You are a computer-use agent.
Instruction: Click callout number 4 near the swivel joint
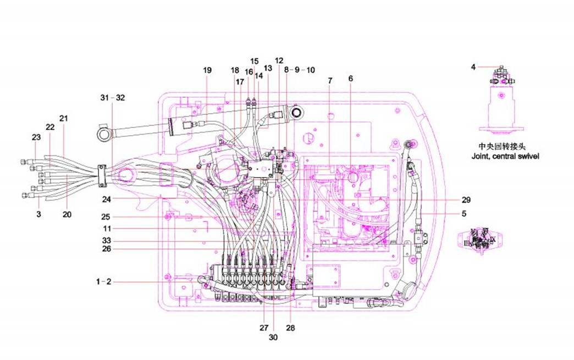[473, 68]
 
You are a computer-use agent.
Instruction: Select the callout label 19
[207, 70]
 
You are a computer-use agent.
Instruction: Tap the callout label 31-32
[113, 97]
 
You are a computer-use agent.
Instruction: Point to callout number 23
[36, 137]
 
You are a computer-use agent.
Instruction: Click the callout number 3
[38, 214]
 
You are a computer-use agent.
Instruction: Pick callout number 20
[67, 214]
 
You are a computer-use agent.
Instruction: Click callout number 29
[466, 199]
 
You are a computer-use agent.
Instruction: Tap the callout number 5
[464, 213]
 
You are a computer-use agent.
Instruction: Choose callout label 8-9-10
[300, 70]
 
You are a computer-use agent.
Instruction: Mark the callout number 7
[330, 81]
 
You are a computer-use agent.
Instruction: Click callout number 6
[351, 78]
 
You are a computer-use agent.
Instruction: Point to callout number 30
[273, 337]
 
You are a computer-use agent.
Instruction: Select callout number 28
[290, 328]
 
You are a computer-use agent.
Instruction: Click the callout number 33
[107, 241]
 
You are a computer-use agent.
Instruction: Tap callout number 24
[107, 200]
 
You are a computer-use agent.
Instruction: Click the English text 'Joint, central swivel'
[505, 156]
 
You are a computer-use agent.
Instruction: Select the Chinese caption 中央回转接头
[499, 147]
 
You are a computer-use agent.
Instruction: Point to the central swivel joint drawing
[501, 104]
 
